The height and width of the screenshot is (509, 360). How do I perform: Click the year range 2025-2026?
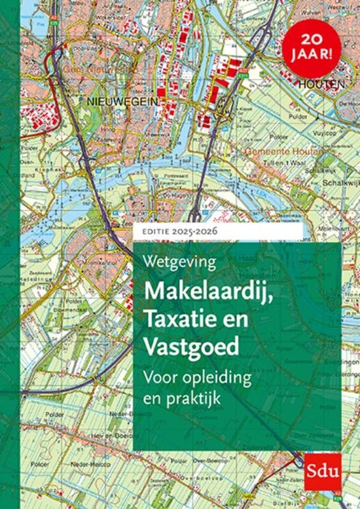tap(193, 232)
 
